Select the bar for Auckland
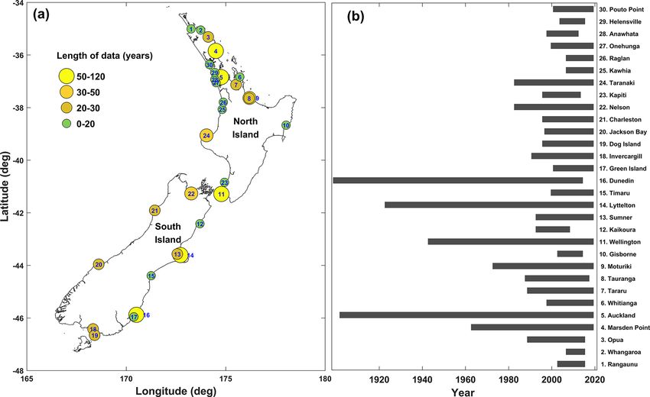pos(466,315)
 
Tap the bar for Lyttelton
pos(489,205)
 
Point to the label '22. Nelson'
pos(616,107)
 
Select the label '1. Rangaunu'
pos(619,363)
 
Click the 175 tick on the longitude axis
pos(226,379)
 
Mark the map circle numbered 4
pos(216,51)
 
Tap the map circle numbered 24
pos(206,135)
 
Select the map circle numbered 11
pos(222,194)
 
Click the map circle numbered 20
pos(99,264)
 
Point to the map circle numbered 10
pos(286,125)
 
